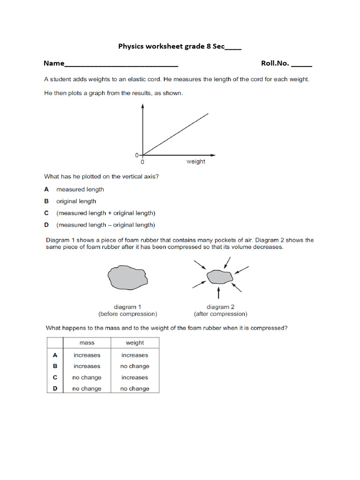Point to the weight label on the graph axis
pyautogui.click(x=195, y=162)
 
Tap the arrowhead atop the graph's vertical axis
pyautogui.click(x=142, y=107)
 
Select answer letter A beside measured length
pyautogui.click(x=46, y=189)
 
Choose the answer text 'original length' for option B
pyautogui.click(x=76, y=201)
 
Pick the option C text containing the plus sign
pyautogui.click(x=105, y=213)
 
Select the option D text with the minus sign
pyautogui.click(x=105, y=225)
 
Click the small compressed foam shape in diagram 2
pyautogui.click(x=219, y=277)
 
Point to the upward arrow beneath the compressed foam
pyautogui.click(x=219, y=293)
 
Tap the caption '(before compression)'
pyautogui.click(x=127, y=314)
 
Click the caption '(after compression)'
pyautogui.click(x=220, y=314)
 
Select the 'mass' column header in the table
pyautogui.click(x=87, y=343)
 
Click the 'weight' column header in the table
pyautogui.click(x=135, y=343)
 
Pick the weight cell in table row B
pyautogui.click(x=135, y=366)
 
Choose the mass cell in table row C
pyautogui.click(x=87, y=377)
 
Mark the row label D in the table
pyautogui.click(x=55, y=389)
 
